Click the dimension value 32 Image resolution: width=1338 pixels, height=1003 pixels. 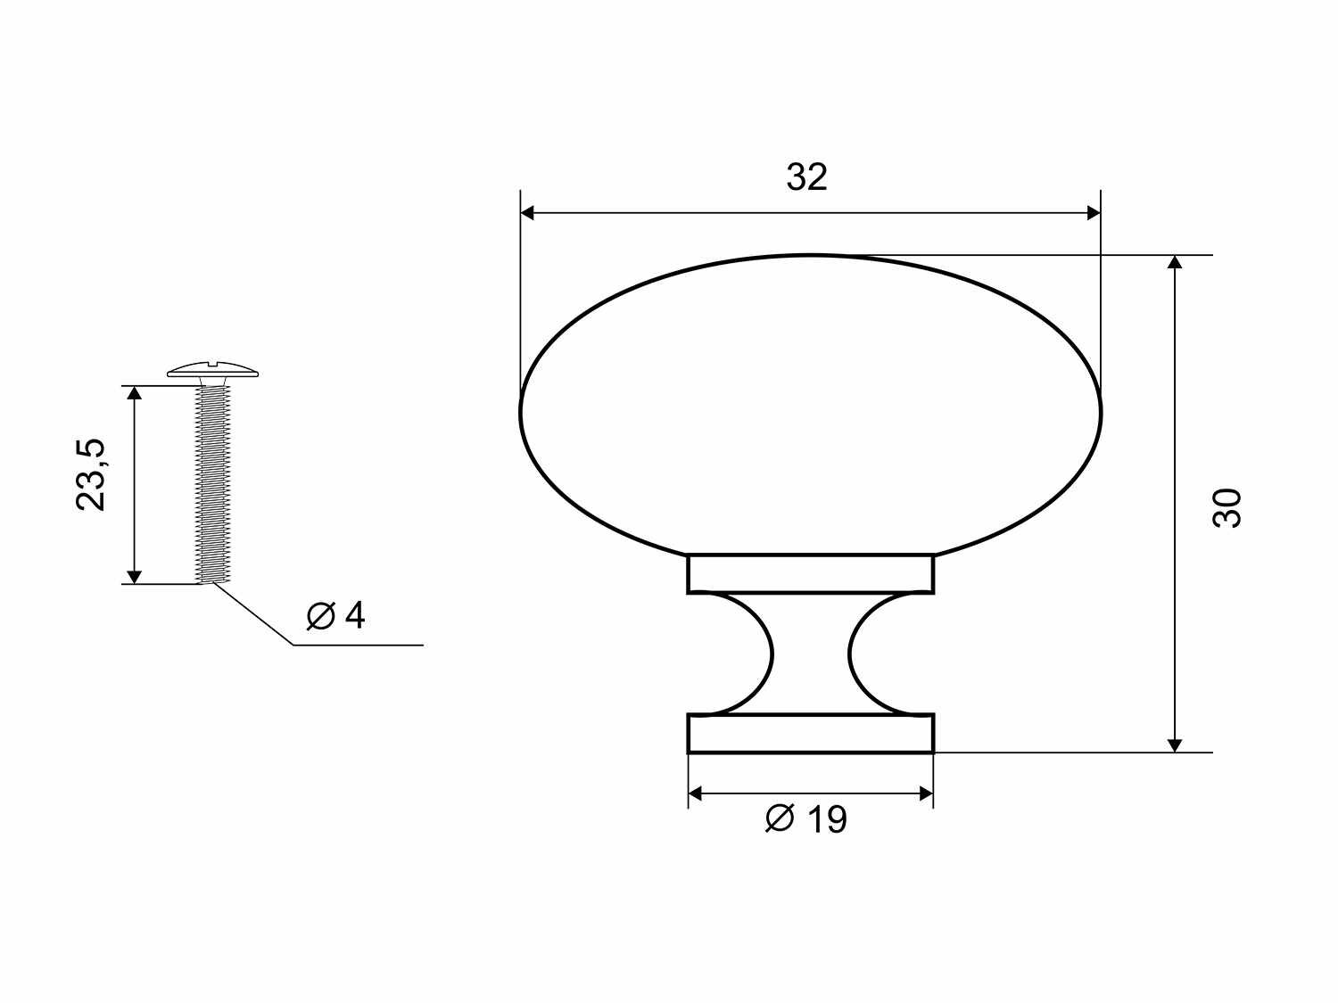tap(807, 177)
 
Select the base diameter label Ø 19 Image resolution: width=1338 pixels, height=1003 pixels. tap(806, 819)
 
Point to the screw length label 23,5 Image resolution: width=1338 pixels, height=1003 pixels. tap(91, 474)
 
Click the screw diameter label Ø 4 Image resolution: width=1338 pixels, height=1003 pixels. tap(335, 616)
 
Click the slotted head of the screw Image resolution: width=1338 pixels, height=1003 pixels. tap(213, 370)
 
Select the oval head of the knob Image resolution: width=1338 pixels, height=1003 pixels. tap(811, 405)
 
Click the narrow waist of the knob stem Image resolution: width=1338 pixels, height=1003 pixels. tap(811, 654)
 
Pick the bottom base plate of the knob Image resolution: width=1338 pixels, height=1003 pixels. tap(811, 734)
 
